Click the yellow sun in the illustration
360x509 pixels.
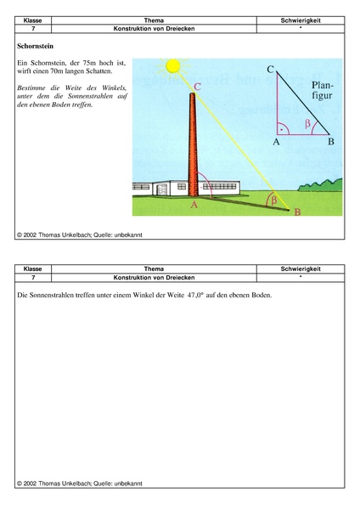174,65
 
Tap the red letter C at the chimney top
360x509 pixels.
198,87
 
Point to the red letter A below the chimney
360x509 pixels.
194,205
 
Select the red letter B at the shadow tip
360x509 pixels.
296,212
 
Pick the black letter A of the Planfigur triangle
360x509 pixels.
276,142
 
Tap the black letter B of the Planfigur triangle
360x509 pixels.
330,142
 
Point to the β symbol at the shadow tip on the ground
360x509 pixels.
272,201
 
